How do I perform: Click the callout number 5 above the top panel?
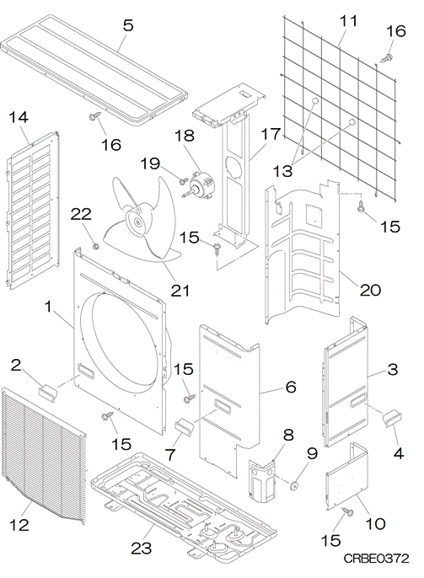pyautogui.click(x=128, y=25)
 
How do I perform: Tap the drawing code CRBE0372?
pyautogui.click(x=376, y=559)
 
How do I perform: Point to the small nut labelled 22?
pyautogui.click(x=95, y=246)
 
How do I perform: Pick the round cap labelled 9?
pyautogui.click(x=294, y=486)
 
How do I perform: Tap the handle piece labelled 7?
pyautogui.click(x=184, y=427)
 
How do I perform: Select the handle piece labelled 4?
pyautogui.click(x=392, y=419)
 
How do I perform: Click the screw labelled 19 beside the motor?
pyautogui.click(x=183, y=181)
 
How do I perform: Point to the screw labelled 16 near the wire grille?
pyautogui.click(x=387, y=57)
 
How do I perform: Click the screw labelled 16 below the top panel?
pyautogui.click(x=91, y=117)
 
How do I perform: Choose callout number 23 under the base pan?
pyautogui.click(x=142, y=549)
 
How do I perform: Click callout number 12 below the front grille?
pyautogui.click(x=19, y=524)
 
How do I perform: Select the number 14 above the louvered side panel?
pyautogui.click(x=19, y=118)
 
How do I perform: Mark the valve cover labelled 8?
pyautogui.click(x=262, y=480)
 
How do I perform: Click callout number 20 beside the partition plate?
pyautogui.click(x=370, y=290)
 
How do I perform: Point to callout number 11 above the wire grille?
pyautogui.click(x=347, y=21)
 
